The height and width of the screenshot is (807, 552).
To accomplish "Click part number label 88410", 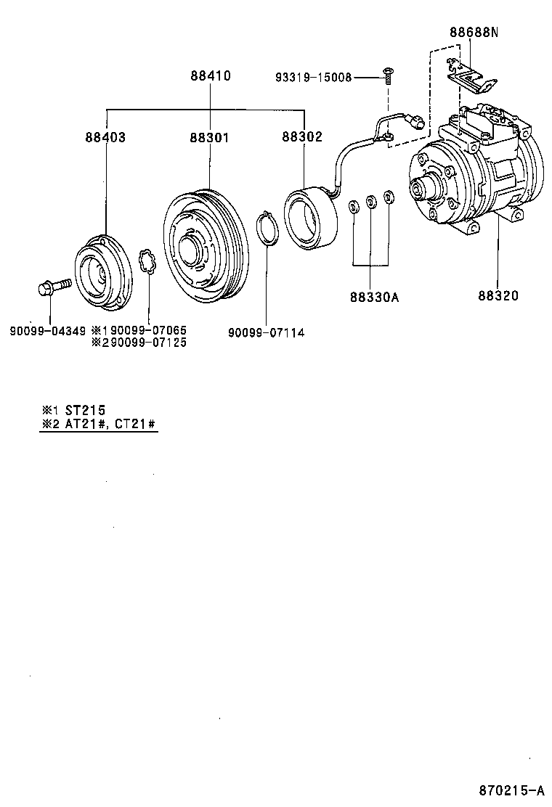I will (x=211, y=75).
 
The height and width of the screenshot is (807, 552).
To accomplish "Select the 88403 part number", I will (x=105, y=136).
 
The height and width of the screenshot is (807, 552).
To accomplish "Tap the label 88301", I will (x=211, y=136).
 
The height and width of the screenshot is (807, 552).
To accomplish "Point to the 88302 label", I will (x=303, y=136).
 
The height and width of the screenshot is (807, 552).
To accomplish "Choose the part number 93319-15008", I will (x=313, y=77).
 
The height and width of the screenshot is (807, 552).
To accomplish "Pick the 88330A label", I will (x=374, y=296).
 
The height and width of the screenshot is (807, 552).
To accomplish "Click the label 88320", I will (x=498, y=296).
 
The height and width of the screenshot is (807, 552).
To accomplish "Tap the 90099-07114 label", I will (x=266, y=332).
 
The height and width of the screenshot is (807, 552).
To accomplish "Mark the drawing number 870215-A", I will (x=511, y=790).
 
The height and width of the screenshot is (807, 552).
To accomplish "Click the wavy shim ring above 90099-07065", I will (x=148, y=261).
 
